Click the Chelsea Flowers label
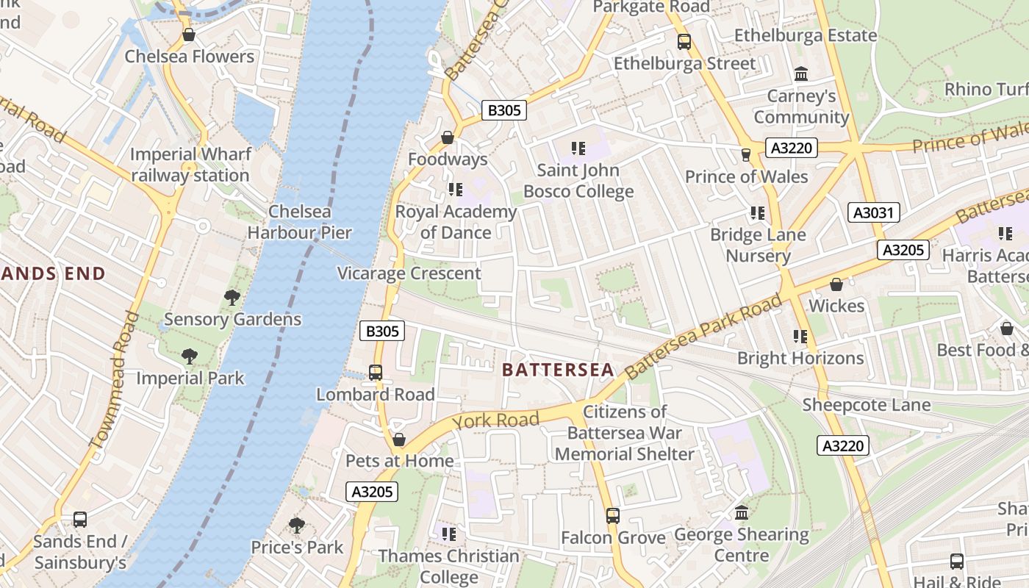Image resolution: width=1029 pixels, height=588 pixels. (x=189, y=57)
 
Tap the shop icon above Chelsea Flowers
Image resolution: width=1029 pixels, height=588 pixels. (x=189, y=35)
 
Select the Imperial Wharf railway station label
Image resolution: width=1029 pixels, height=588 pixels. (x=190, y=165)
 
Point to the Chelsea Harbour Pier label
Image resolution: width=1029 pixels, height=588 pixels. (x=299, y=222)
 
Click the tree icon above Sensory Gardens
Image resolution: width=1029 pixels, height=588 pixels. (x=232, y=298)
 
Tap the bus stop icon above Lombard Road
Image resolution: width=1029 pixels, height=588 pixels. (x=376, y=372)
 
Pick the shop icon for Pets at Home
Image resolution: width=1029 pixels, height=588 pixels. (x=399, y=440)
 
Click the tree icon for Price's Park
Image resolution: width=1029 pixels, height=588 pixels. (x=297, y=526)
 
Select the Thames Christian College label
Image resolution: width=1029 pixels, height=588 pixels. (x=448, y=566)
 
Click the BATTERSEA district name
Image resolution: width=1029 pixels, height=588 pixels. (x=558, y=370)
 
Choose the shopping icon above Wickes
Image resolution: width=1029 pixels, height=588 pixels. (x=836, y=284)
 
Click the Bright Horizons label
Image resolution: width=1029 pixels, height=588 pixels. (x=800, y=358)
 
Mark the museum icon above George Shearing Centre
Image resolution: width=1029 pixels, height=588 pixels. (x=742, y=512)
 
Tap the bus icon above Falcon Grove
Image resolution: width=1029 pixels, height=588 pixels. (x=613, y=516)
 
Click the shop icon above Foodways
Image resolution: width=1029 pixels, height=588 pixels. (x=447, y=137)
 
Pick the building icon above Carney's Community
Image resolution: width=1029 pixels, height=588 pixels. (x=801, y=74)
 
